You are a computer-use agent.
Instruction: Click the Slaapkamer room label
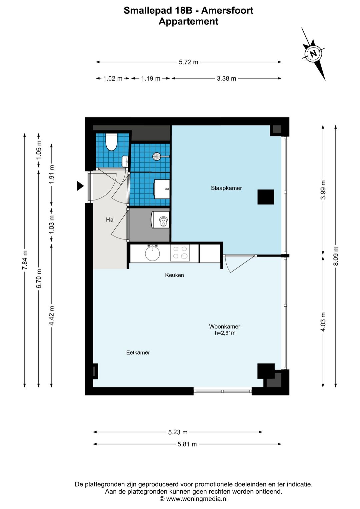click(x=226, y=188)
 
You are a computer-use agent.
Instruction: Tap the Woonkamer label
click(x=224, y=327)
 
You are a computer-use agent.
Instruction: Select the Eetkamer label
click(x=138, y=353)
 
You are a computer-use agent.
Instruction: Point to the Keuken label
click(x=174, y=275)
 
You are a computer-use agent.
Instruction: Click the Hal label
click(x=110, y=219)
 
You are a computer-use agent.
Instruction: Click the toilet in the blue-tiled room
click(x=111, y=142)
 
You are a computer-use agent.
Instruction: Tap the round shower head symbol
click(x=157, y=156)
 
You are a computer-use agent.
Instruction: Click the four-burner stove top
click(x=180, y=253)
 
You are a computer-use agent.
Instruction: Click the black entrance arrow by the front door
click(x=80, y=186)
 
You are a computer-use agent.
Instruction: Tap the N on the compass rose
click(x=313, y=53)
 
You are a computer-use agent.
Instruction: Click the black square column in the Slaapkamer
click(x=266, y=197)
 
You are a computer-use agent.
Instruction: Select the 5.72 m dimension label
click(x=188, y=62)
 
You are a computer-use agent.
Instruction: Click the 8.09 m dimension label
click(x=336, y=256)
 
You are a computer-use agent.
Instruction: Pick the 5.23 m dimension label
click(x=178, y=432)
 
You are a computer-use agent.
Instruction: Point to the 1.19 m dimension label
click(x=150, y=79)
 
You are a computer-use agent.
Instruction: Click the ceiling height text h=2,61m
click(x=225, y=333)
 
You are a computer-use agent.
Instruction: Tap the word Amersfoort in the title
click(x=227, y=11)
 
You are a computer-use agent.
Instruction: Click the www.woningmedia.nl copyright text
click(x=193, y=499)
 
